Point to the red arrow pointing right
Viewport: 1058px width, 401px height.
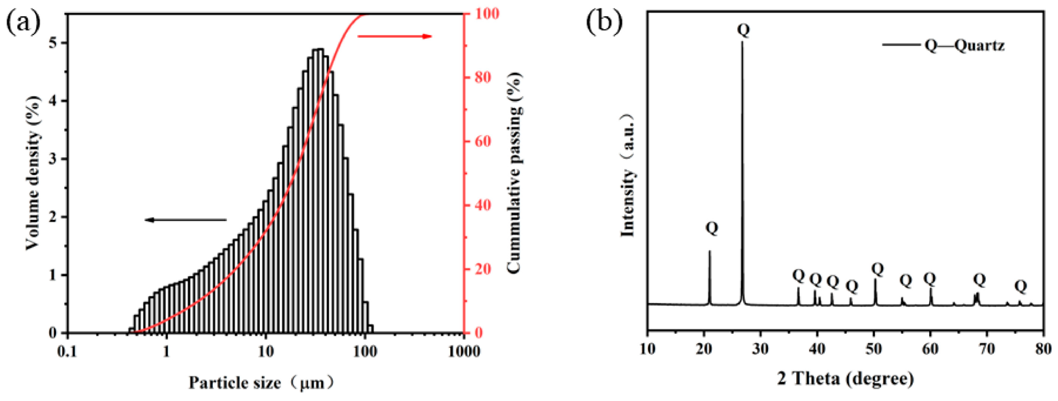tap(394, 36)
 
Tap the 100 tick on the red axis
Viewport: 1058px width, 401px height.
tap(487, 14)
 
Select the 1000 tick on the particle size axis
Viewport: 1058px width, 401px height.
tap(465, 352)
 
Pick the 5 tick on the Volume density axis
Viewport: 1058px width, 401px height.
tap(53, 43)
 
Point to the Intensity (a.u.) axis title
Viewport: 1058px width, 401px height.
tap(627, 176)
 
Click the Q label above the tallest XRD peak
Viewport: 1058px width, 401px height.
tap(743, 29)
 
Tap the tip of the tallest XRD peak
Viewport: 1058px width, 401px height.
tap(742, 42)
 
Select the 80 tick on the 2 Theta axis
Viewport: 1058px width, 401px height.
tap(1044, 350)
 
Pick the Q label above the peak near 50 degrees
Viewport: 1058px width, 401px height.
tap(877, 269)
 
